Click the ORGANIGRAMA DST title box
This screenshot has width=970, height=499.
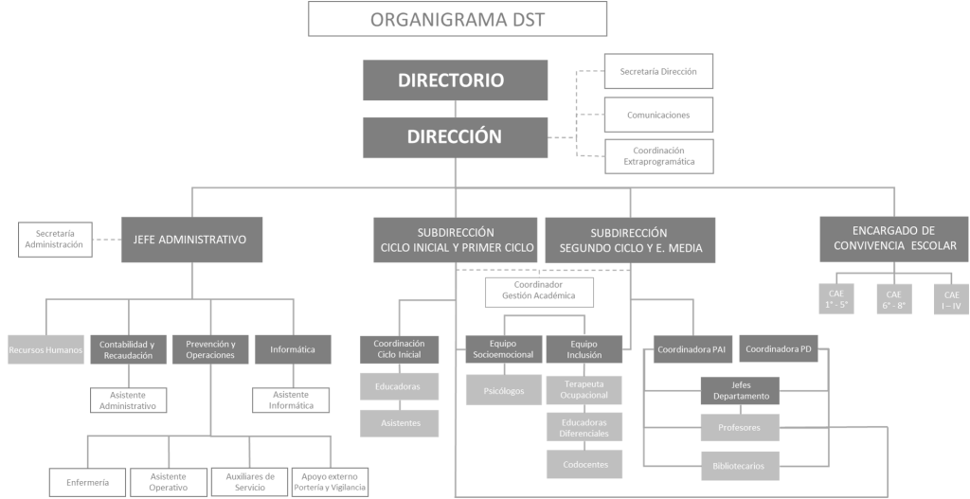(458, 20)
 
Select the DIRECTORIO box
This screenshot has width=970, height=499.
(455, 80)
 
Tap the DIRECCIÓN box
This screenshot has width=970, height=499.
(455, 136)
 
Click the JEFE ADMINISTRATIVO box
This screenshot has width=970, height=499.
(191, 240)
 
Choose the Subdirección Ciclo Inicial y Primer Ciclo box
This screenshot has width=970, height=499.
(456, 240)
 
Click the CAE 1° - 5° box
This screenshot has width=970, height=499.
(835, 299)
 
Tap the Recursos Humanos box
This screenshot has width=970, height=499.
(45, 349)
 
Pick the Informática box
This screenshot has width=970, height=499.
(293, 349)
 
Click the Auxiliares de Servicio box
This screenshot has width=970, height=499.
(249, 482)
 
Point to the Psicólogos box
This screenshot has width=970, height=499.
(503, 389)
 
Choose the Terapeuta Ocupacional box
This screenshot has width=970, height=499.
(584, 389)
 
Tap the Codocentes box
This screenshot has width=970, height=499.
(584, 464)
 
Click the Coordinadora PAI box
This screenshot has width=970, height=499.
(691, 349)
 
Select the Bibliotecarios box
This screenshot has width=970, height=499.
(740, 465)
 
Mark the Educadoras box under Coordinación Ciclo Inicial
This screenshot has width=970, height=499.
(399, 386)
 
